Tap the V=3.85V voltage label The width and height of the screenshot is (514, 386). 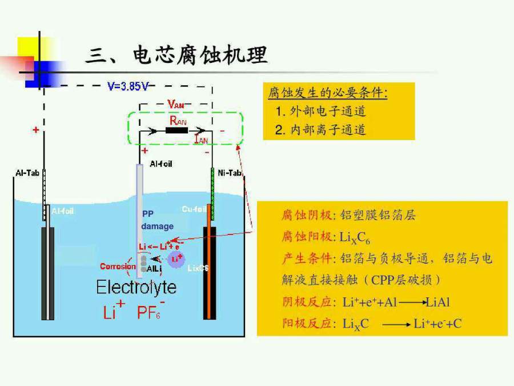(128, 86)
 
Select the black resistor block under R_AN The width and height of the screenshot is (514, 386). (176, 130)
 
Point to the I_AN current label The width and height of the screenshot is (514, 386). (200, 139)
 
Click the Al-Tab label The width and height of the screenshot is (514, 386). (25, 172)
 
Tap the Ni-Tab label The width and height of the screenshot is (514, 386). (230, 172)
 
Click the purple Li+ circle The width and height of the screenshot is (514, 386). (176, 259)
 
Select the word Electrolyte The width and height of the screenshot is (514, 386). (136, 286)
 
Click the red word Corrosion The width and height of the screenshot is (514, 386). (118, 266)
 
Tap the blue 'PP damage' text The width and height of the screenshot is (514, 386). (156, 220)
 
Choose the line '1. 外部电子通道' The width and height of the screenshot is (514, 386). (320, 111)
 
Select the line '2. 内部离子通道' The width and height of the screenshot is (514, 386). (320, 130)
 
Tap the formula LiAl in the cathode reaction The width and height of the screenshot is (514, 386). (437, 302)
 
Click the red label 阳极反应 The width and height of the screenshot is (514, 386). (307, 324)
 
